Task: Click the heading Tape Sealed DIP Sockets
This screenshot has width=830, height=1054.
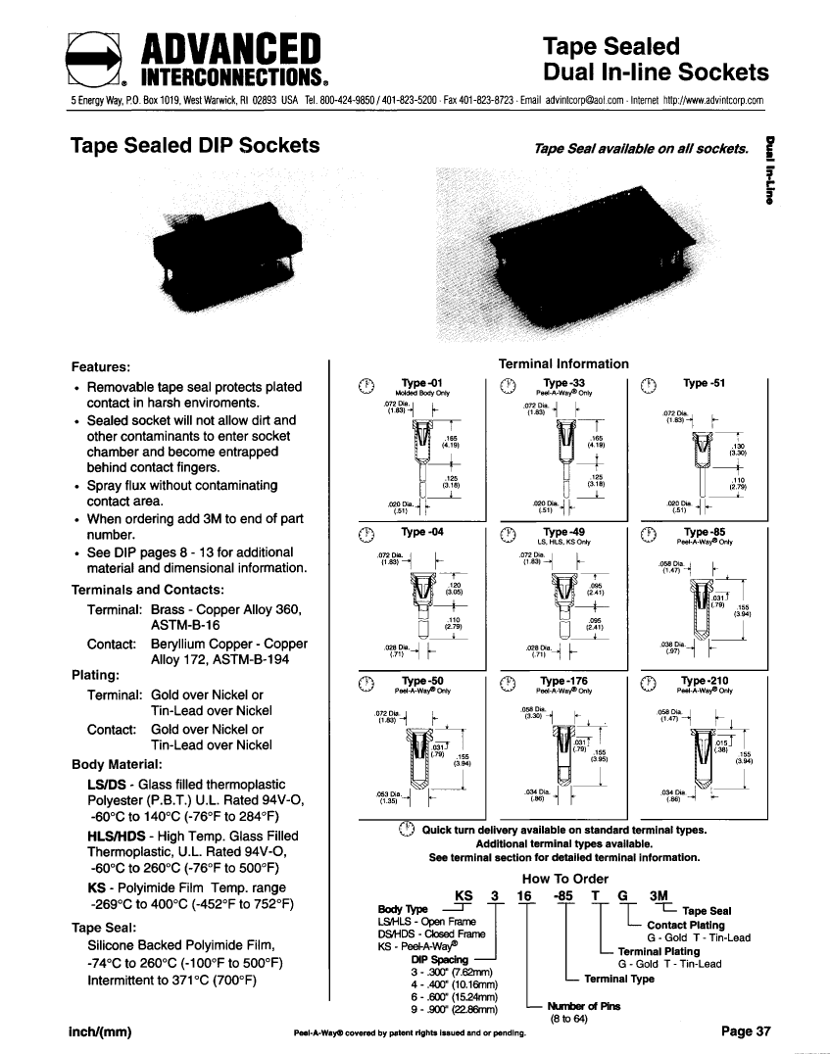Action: [x=196, y=146]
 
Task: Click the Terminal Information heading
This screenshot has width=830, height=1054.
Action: [x=563, y=363]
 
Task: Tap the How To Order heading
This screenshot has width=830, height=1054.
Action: [x=565, y=879]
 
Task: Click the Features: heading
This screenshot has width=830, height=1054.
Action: [x=102, y=366]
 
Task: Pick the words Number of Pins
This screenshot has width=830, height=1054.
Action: [x=583, y=1005]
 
